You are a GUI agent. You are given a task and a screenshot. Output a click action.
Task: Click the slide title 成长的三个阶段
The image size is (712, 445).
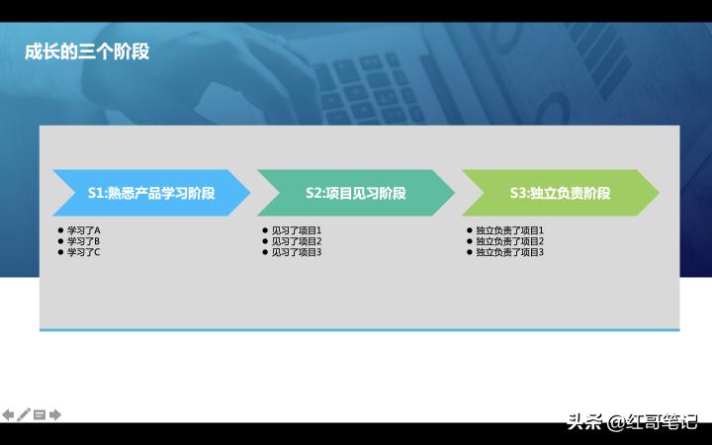[x=87, y=51]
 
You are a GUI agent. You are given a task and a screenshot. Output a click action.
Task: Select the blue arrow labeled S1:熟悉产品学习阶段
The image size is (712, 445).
[x=150, y=193]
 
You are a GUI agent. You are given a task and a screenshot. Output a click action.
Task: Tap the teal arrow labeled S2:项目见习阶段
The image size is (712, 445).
[x=355, y=193]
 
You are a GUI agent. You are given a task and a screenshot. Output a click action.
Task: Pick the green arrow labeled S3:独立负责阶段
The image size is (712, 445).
[x=560, y=193]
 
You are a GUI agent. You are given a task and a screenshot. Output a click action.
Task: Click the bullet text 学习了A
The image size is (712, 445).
[x=84, y=230]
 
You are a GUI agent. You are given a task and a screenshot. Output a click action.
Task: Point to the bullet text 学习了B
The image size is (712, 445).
[x=84, y=241]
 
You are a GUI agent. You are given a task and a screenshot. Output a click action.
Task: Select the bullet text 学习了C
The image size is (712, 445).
[x=84, y=252]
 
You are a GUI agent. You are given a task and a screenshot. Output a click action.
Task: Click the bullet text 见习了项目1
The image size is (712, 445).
[x=297, y=230]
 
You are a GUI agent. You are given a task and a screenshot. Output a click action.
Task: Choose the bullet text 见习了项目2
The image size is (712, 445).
[x=297, y=241]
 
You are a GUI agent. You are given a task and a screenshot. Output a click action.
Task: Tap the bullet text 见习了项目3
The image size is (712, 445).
[x=297, y=252]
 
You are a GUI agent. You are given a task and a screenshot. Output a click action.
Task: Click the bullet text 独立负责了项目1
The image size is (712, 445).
[x=509, y=230]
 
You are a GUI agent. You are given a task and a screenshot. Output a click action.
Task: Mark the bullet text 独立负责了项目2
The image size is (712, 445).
[x=509, y=241]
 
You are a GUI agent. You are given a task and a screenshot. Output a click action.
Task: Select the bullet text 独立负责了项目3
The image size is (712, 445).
[x=509, y=252]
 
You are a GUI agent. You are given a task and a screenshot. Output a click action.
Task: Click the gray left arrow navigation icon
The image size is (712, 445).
[x=8, y=414]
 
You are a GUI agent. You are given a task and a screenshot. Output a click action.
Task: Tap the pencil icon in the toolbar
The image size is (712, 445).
[x=24, y=414]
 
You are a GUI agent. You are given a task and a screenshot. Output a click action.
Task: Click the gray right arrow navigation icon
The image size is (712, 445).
[x=55, y=414]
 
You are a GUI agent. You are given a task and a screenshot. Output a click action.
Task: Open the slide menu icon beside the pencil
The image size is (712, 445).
[x=40, y=414]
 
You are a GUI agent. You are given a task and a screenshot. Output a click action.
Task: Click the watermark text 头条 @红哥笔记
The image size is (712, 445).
[x=632, y=422]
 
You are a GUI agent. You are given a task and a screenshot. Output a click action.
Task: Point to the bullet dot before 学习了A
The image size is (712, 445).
[x=60, y=230]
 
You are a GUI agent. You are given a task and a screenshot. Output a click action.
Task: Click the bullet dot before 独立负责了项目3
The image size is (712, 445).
[x=469, y=252]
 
